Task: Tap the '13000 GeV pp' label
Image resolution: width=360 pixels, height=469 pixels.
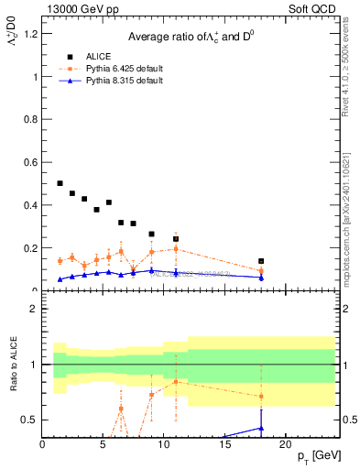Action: point(76,9)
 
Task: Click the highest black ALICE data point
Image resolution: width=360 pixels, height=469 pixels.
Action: point(60,183)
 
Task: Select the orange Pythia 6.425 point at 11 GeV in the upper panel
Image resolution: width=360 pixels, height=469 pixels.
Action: point(176,249)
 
